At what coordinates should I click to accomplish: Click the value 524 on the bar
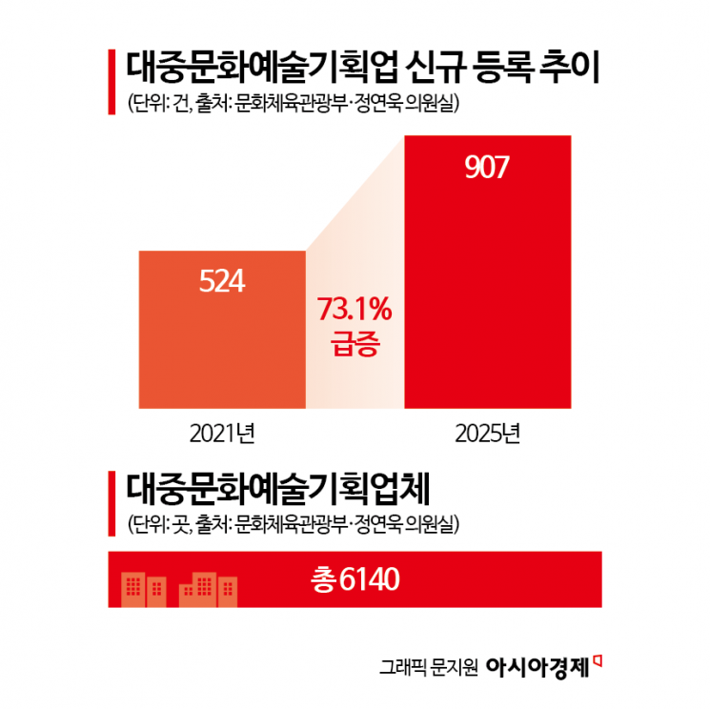[222, 281]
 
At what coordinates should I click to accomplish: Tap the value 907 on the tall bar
[488, 167]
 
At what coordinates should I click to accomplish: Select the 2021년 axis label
[222, 435]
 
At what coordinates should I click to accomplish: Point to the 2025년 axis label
[488, 435]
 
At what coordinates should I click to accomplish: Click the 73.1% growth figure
[355, 310]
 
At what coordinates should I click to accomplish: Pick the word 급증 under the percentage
[355, 345]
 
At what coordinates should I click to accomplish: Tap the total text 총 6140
[354, 578]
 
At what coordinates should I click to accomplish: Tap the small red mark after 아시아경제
[599, 658]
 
